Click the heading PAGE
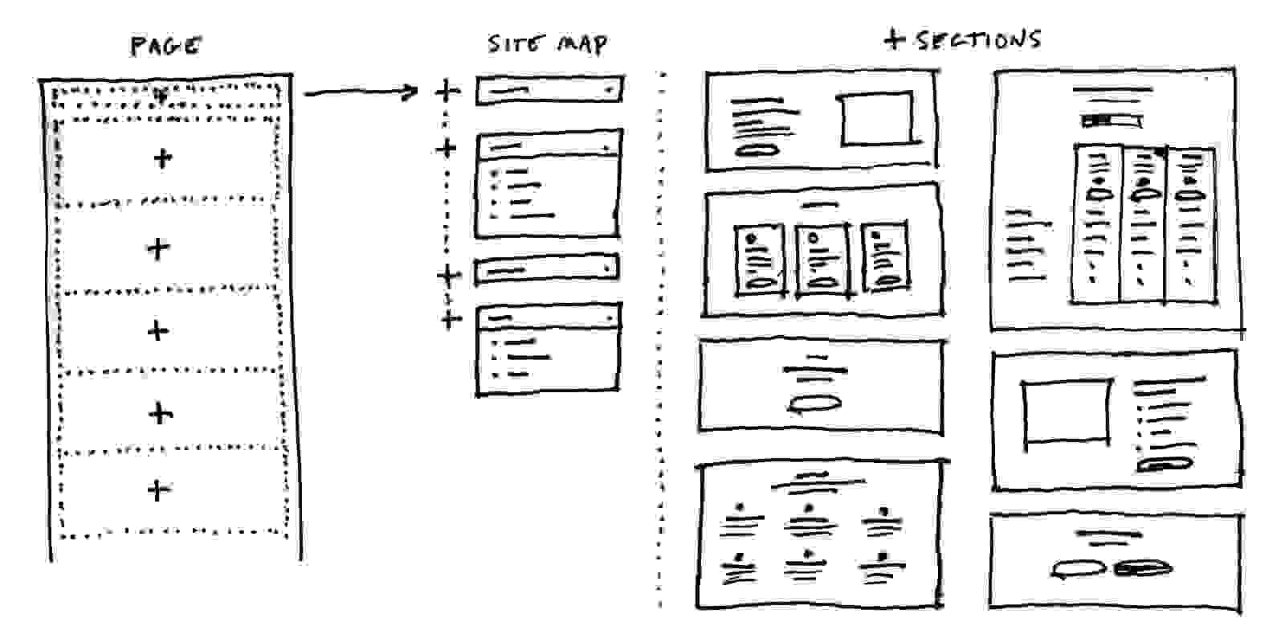click(x=165, y=46)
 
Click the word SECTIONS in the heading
click(x=979, y=39)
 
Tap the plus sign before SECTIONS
click(x=894, y=39)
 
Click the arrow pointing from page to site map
click(x=361, y=93)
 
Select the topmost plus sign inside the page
click(x=162, y=158)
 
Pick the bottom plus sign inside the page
click(x=159, y=489)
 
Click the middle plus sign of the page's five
click(x=158, y=330)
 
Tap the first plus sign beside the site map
click(x=447, y=91)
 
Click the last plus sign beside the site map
click(x=451, y=319)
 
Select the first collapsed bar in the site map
click(x=549, y=91)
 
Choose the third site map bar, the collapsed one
click(x=547, y=269)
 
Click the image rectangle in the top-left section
click(x=877, y=120)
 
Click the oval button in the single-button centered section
click(x=815, y=404)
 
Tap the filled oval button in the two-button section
click(x=1143, y=569)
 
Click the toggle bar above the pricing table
click(x=1112, y=121)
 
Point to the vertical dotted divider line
click(x=662, y=338)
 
